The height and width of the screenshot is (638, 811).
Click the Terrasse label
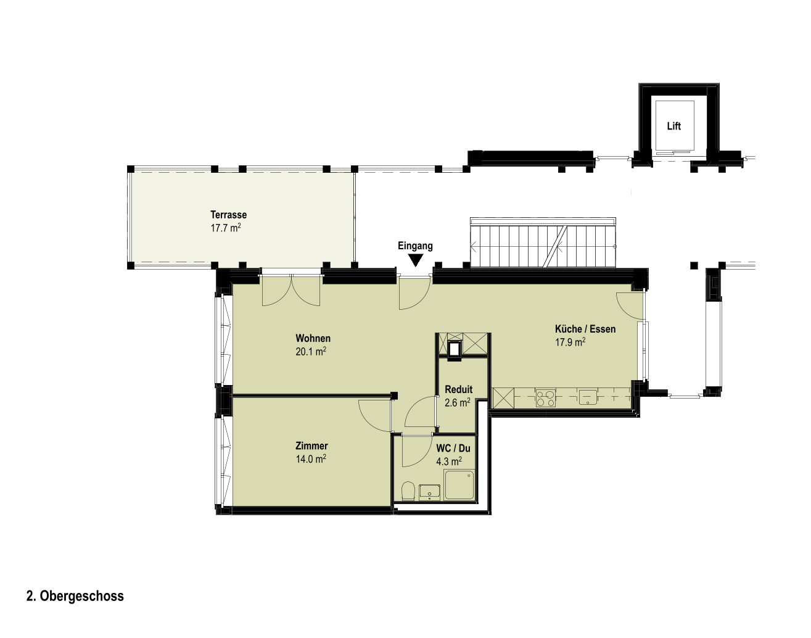coord(228,215)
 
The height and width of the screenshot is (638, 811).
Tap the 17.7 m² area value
coord(225,228)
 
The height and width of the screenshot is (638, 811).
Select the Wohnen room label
coord(313,338)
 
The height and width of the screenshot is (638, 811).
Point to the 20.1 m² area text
coord(311,352)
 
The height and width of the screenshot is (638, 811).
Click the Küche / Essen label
coord(585,329)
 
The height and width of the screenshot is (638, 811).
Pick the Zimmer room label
coord(311,446)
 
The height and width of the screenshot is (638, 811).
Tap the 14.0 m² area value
coord(311,459)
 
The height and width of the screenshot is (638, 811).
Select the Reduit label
coord(458,389)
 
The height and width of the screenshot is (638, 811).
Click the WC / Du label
coord(453,449)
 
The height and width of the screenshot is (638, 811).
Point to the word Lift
coord(674,126)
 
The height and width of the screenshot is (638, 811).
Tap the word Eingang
coord(415,246)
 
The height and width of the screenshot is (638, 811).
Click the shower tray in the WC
coord(459,485)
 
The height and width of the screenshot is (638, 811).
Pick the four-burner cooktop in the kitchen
coord(546,398)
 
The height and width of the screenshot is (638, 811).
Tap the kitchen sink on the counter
coord(588,397)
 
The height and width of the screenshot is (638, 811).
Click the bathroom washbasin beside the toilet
coord(430,492)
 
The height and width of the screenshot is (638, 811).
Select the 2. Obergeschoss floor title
coord(75,596)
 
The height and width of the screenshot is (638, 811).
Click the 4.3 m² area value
coord(449,461)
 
